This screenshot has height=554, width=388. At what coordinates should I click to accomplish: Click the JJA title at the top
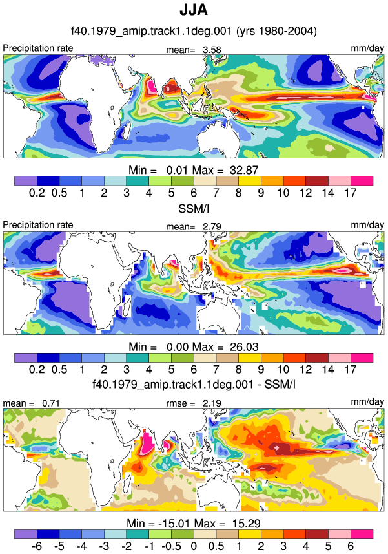[194, 10]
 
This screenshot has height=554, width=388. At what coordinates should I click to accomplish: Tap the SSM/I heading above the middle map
[194, 209]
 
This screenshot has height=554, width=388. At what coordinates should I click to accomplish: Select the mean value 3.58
[212, 50]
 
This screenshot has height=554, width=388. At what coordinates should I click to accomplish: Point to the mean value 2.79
[212, 226]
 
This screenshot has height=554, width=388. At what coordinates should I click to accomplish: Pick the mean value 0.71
[51, 403]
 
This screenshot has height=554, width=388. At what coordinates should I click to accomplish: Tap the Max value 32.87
[244, 170]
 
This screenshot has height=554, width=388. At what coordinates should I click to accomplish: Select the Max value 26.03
[244, 347]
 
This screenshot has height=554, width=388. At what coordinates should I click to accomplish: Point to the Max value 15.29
[246, 523]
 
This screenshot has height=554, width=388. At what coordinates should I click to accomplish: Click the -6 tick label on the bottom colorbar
[36, 546]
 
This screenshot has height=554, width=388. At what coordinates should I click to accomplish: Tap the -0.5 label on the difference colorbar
[171, 546]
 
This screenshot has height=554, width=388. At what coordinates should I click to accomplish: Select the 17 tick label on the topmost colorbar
[351, 193]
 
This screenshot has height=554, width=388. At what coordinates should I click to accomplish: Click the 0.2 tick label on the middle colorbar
[37, 369]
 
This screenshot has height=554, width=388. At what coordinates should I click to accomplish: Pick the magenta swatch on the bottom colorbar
[362, 534]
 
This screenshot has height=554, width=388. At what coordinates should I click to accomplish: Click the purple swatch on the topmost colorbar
[26, 181]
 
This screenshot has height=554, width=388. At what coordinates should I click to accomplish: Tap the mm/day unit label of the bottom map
[367, 401]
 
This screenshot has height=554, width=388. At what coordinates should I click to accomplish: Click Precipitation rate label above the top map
[38, 48]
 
